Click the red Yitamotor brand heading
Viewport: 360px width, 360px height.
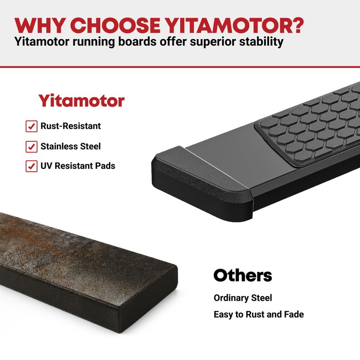coord(81,100)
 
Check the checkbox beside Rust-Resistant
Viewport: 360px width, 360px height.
coord(31,126)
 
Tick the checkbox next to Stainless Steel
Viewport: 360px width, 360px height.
coord(31,147)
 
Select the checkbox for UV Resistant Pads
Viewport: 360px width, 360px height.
coord(31,166)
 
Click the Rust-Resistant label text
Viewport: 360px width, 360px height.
coord(71,126)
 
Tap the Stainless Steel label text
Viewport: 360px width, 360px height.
coord(71,146)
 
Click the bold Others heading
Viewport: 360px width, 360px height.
coord(243,275)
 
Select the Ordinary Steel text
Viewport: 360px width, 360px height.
coord(243,298)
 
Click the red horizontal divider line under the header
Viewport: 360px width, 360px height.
coord(180,67)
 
